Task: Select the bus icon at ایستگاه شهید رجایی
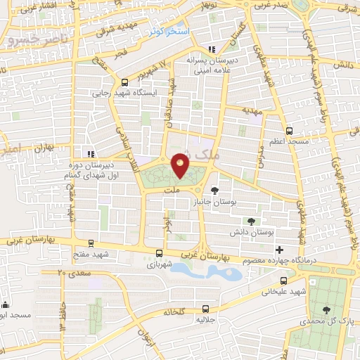point(124,82)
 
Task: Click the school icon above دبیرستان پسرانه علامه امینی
point(212,49)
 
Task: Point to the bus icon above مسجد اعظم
point(289,131)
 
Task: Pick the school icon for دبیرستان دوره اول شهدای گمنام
point(89,154)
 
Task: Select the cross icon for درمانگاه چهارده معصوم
point(280,250)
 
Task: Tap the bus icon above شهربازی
point(160,252)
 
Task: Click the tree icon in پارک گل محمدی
point(326,309)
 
